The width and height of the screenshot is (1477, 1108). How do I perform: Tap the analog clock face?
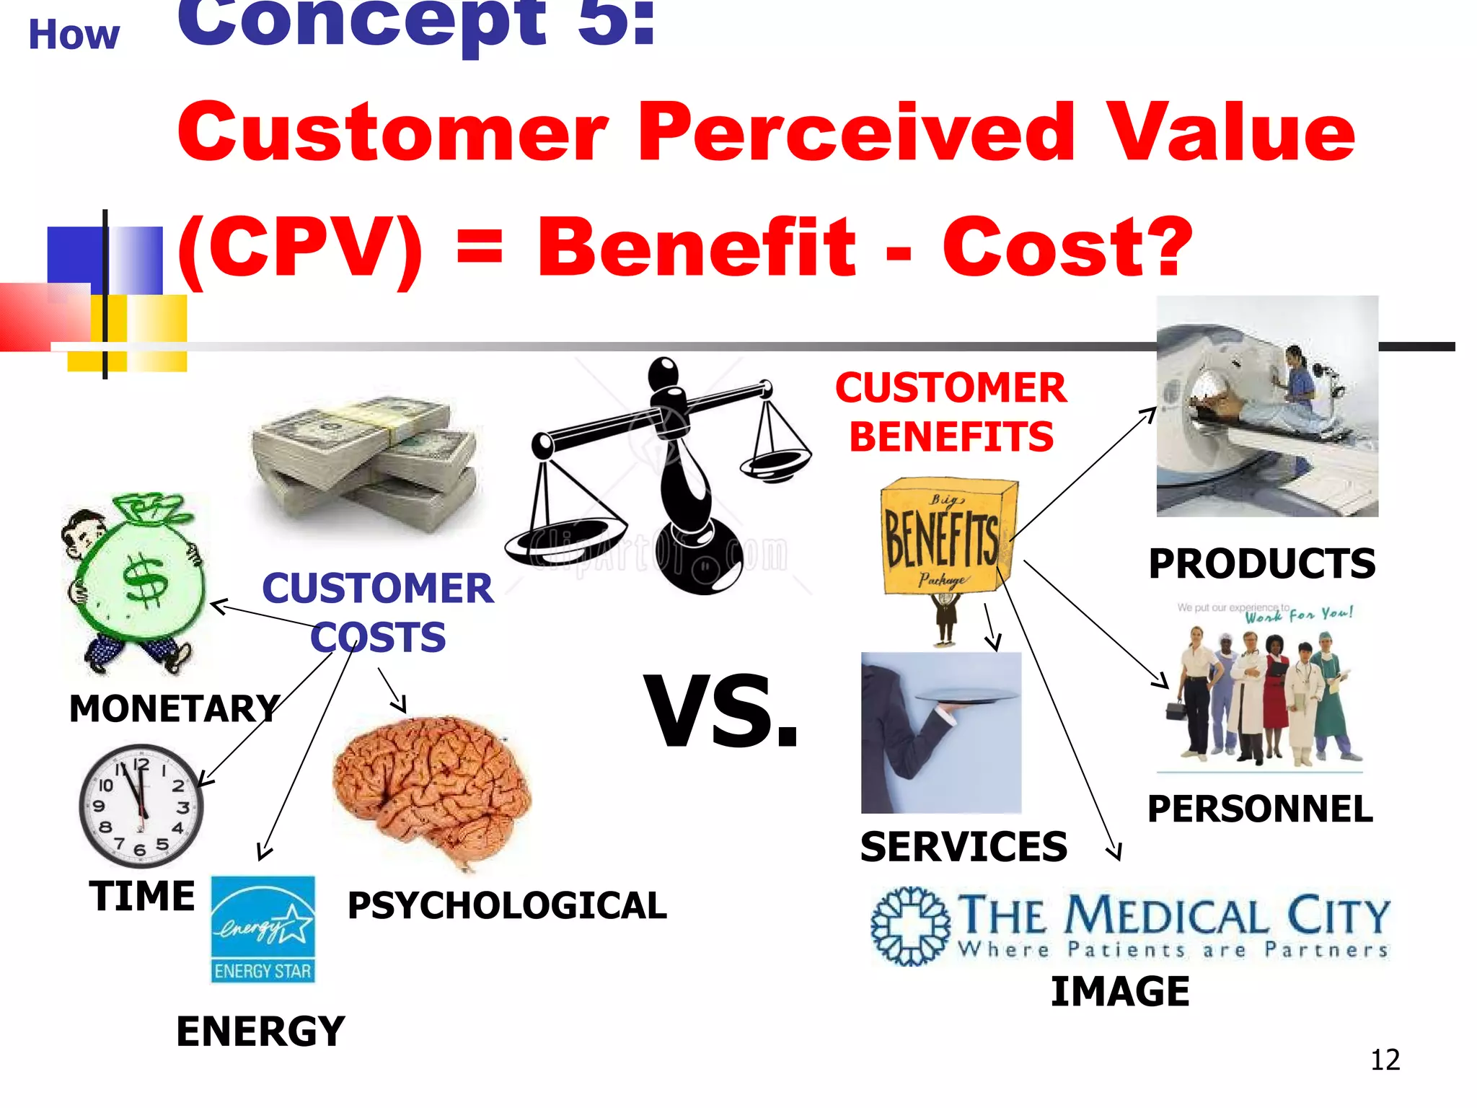[x=141, y=806]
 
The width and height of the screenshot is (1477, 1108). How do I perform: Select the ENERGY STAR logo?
[x=263, y=929]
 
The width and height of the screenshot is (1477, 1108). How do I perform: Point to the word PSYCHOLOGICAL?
[x=507, y=905]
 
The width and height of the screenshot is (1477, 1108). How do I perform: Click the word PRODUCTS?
[x=1261, y=563]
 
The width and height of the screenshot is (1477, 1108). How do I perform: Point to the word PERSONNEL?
[x=1260, y=809]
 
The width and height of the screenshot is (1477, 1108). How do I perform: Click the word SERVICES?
[x=964, y=846]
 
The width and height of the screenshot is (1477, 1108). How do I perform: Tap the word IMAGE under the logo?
[x=1120, y=991]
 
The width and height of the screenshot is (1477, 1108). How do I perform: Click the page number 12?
[x=1385, y=1060]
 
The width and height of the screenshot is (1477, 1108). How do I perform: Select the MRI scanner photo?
[x=1267, y=406]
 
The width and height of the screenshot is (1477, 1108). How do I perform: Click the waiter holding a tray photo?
[x=941, y=732]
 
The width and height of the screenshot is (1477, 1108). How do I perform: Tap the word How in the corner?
[x=74, y=35]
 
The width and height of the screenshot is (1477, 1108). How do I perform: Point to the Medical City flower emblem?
[x=910, y=925]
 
